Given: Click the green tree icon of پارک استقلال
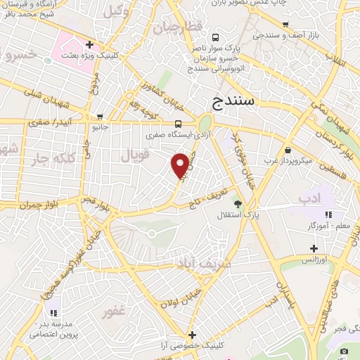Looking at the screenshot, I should tap(238, 204).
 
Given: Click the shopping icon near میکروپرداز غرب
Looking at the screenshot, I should tap(289, 150).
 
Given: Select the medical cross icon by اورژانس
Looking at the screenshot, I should tap(314, 247).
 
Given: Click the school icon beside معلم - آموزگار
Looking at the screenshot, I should tap(327, 214).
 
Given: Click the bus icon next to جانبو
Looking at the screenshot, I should tap(101, 117).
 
